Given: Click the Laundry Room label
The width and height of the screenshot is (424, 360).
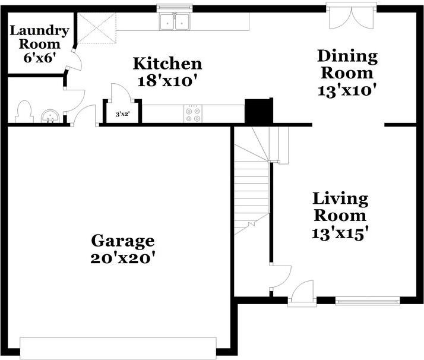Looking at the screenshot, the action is (39, 37).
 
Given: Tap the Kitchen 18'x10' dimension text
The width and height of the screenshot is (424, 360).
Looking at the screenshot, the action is (167, 81).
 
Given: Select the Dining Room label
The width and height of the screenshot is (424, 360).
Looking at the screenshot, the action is (347, 64).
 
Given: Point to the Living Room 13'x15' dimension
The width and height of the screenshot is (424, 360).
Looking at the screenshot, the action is (340, 233).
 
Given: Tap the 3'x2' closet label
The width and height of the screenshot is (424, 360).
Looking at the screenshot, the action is (123, 114).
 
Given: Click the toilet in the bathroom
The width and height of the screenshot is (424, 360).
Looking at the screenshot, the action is (24, 112).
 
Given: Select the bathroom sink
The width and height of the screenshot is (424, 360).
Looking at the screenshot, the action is (50, 116).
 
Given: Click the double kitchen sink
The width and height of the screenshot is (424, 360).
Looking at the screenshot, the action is (175, 21).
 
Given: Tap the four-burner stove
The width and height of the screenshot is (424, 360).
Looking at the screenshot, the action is (193, 114).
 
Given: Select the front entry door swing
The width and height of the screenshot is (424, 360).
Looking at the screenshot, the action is (302, 292).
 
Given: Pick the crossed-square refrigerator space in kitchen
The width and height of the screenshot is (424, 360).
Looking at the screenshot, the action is (97, 28).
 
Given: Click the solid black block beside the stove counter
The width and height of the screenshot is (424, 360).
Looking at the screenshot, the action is (259, 111).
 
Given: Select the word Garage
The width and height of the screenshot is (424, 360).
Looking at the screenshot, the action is (123, 241).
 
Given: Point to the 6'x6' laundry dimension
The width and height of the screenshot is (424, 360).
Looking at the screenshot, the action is (39, 58).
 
